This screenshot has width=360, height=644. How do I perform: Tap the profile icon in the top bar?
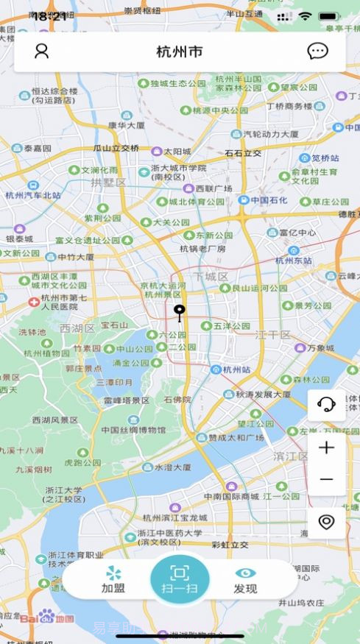pos(42,51)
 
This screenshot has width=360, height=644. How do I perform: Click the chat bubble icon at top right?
pos(317,51)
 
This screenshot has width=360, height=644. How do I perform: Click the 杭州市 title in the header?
pos(180,52)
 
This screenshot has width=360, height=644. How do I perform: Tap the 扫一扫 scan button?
pos(180,579)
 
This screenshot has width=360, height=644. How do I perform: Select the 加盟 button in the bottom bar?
pos(113,580)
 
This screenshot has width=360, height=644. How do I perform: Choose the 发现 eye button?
pos(245,580)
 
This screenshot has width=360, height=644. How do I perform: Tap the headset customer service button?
pos(326,404)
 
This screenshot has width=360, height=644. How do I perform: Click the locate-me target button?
pos(326,522)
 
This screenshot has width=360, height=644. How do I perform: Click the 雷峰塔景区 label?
pos(127,400)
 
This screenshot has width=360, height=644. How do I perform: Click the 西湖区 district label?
pos(77,328)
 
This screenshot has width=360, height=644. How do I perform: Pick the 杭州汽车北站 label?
pos(33,195)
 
